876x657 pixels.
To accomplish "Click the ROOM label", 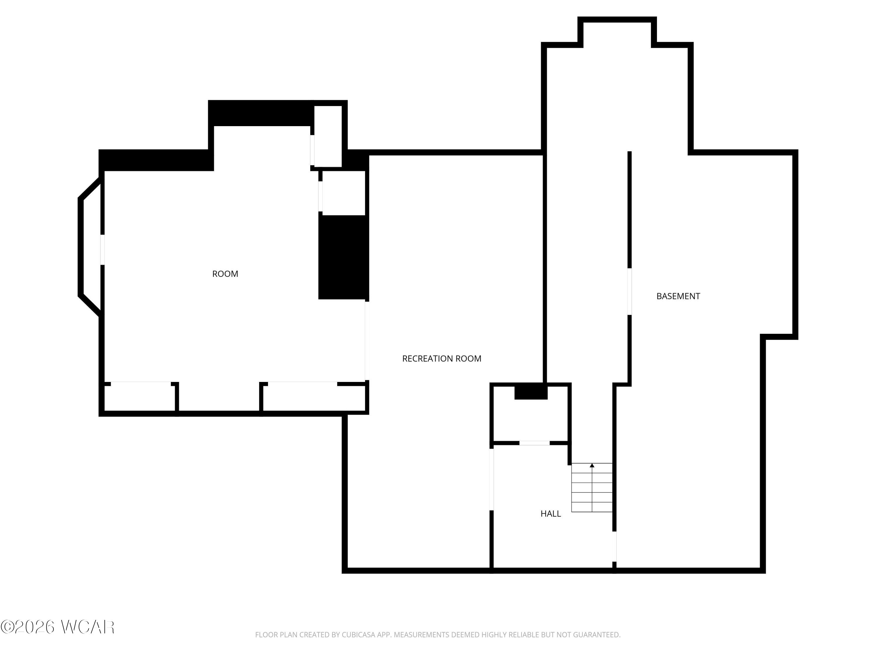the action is pos(225,274).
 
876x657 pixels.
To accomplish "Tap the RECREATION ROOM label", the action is pos(442,358).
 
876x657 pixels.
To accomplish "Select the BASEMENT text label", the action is pos(678,296).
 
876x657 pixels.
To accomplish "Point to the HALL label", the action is pos(550,514).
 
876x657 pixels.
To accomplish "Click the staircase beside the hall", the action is pos(592,488).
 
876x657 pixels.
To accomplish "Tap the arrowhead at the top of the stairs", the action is pos(592,465).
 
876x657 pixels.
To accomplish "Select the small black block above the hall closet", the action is pos(531,392).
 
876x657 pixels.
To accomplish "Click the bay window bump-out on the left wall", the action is pos(90,247).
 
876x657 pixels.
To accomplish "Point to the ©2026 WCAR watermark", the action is pos(58,627).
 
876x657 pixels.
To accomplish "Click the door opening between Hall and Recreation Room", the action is pos(492,479).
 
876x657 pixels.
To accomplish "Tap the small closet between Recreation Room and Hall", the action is pos(531,414).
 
